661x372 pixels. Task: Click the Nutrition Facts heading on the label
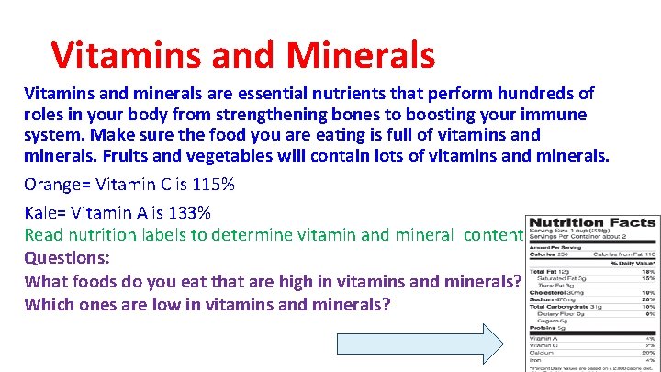point(592,222)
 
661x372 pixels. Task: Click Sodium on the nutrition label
point(542,298)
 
